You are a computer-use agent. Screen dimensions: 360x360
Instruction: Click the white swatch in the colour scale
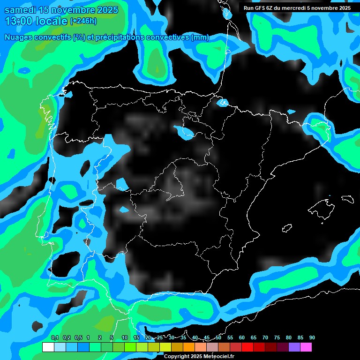click(48, 347)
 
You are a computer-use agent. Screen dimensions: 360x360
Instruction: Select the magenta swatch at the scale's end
click(306, 347)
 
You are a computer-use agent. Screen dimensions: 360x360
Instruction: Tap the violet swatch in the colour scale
click(294, 347)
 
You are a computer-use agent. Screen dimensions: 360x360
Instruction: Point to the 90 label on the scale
click(312, 337)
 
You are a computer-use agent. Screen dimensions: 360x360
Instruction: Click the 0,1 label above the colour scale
click(54, 337)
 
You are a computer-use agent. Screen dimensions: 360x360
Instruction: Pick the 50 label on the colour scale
click(218, 337)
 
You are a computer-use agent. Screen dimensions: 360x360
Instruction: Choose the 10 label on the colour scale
click(125, 337)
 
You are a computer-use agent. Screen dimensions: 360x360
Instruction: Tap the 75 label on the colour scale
click(277, 337)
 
